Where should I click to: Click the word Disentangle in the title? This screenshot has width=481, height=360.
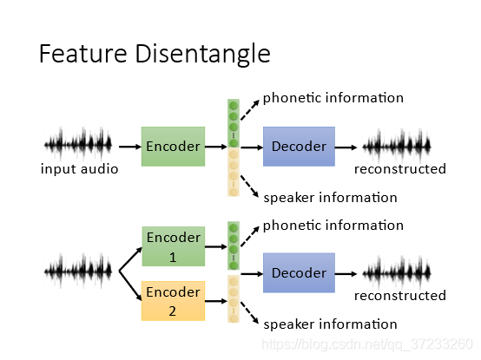point(202,54)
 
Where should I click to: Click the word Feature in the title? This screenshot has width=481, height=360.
point(83,53)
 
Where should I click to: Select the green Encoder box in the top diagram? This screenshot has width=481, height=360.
point(173,147)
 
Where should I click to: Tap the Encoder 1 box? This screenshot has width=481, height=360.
point(174,246)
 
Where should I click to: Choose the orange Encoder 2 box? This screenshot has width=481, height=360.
point(173,301)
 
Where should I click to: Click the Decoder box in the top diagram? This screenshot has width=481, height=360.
point(299,147)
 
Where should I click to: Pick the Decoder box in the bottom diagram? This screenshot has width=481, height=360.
point(299,272)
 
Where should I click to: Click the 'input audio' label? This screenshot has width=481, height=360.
point(80,169)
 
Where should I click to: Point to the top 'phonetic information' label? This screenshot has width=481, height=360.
point(333,98)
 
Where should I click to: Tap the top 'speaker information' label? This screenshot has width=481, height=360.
point(331,198)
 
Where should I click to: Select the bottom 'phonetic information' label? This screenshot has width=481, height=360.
point(333,226)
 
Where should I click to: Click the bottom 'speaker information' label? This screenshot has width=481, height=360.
point(331,324)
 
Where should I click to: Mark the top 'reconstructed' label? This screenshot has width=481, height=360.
point(400,169)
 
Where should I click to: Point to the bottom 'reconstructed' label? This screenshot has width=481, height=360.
point(400,296)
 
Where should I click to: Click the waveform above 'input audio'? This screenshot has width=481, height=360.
point(78,144)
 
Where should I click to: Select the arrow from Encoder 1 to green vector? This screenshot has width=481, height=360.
point(216,246)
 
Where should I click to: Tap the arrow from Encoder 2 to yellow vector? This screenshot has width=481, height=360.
point(216,301)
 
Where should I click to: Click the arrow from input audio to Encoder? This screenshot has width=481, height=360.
point(130,147)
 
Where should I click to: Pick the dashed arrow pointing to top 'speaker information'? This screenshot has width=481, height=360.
point(250,187)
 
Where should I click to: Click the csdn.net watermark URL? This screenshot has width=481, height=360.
point(367,344)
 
